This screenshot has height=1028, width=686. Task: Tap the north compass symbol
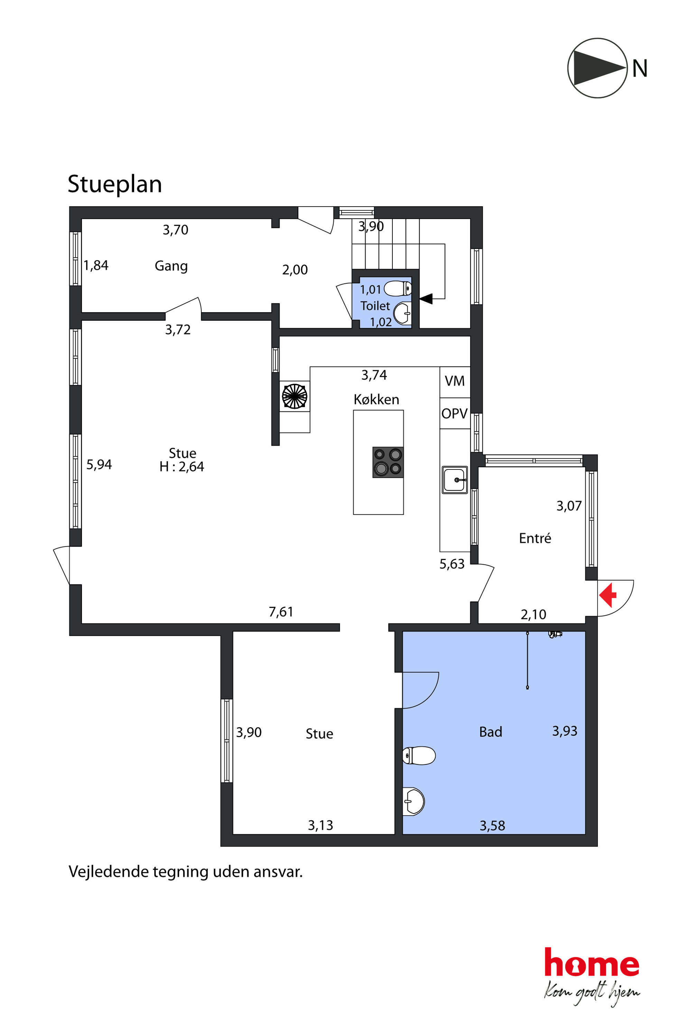[597, 68]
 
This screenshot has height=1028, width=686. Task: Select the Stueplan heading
[115, 184]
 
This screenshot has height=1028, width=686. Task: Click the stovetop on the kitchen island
[388, 462]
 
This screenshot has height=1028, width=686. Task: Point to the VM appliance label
[455, 381]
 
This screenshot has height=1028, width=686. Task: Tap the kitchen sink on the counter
[455, 480]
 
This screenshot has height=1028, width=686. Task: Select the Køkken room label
[376, 399]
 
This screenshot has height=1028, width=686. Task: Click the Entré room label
[535, 538]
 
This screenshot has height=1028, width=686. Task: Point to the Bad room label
[490, 732]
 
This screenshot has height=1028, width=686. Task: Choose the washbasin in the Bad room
[414, 801]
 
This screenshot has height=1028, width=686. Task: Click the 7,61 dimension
[281, 612]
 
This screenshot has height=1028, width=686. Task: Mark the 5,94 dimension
[99, 464]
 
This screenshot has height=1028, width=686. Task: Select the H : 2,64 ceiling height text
[182, 467]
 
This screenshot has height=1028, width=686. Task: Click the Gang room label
[171, 266]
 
